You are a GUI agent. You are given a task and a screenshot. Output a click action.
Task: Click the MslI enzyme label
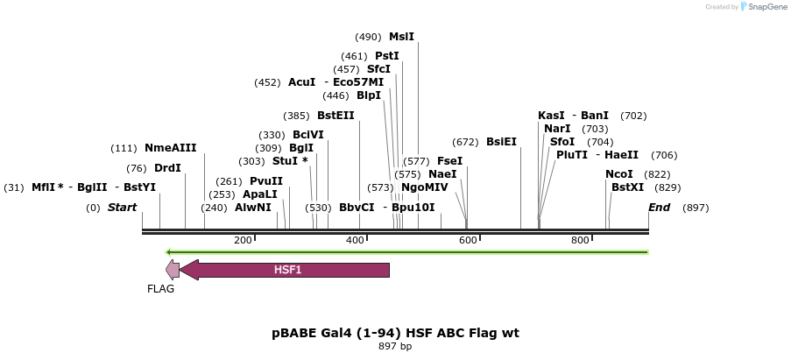click(401, 37)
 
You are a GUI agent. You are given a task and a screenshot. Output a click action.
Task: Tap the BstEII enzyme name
click(335, 116)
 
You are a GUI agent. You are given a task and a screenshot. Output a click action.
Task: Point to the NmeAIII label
click(170, 148)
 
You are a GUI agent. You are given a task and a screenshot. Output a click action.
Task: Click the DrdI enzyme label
click(167, 168)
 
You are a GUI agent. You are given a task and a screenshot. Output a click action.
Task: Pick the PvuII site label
click(265, 181)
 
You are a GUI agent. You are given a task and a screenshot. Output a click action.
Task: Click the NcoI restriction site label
click(618, 174)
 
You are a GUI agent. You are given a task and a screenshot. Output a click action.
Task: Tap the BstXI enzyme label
click(627, 187)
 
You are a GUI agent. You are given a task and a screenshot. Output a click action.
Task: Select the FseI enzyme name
click(449, 161)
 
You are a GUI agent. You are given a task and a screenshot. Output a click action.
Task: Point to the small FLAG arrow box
click(173, 270)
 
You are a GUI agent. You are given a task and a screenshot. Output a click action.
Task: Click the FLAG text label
click(160, 289)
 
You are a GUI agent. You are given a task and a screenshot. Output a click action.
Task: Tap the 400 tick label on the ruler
click(356, 240)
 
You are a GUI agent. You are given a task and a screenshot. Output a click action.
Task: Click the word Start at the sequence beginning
click(122, 208)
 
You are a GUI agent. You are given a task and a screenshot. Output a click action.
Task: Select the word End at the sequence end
click(659, 208)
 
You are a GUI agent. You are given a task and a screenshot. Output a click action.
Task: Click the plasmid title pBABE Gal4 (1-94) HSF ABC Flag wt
click(395, 334)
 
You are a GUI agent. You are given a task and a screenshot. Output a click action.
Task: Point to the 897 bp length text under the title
click(395, 347)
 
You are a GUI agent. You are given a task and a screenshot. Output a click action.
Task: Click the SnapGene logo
click(762, 7)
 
